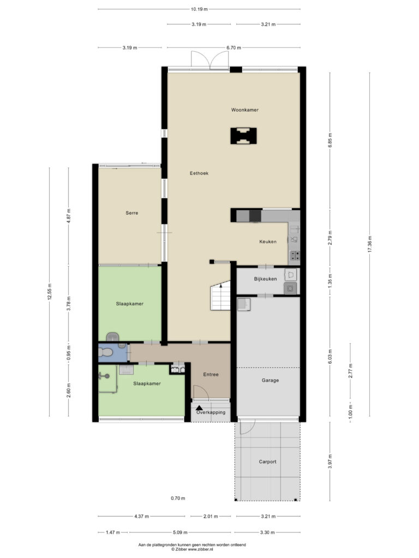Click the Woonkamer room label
coord(245,110)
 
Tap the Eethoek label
coord(199,173)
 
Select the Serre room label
coord(132,213)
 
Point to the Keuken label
coord(267,241)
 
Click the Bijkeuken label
coord(265,279)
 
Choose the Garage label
coord(270,380)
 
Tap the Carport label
coord(267,462)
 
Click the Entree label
coord(211,374)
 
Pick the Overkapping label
coord(211,413)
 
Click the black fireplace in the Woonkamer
coord(244,136)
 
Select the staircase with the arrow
coord(220,295)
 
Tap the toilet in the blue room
coord(105,353)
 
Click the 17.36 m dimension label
coord(369,244)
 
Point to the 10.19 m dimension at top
coord(199,9)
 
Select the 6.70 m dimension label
coord(234,48)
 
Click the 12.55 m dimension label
coord(50,292)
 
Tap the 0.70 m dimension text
coord(178,498)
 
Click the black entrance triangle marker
coord(199,408)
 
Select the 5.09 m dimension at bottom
coord(180,533)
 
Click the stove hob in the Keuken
coord(295,255)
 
